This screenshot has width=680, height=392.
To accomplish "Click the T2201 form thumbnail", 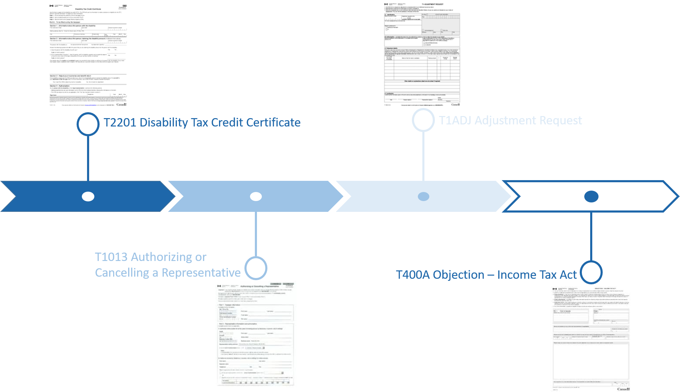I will tap(88, 56).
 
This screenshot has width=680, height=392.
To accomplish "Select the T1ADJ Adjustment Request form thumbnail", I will tap(422, 54).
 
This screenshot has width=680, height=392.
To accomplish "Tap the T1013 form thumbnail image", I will tap(256, 334).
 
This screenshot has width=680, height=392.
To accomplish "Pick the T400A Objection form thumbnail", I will tap(591, 338).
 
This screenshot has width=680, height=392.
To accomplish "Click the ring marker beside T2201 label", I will tap(88, 124).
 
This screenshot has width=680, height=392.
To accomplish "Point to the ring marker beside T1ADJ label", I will tap(423, 120).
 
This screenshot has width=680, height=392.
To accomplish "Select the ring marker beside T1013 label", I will tap(256, 268).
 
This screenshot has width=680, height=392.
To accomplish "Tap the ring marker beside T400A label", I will tap(591, 272).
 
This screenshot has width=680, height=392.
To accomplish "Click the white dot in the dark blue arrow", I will tap(88, 197).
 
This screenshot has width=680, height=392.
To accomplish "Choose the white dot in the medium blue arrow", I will tap(256, 197).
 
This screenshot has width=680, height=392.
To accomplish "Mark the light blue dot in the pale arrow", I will tap(423, 197).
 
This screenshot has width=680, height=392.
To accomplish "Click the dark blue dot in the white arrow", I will tap(591, 197).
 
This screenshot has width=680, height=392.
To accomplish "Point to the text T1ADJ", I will tap(455, 121).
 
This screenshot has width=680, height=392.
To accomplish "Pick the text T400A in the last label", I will tap(413, 275).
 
